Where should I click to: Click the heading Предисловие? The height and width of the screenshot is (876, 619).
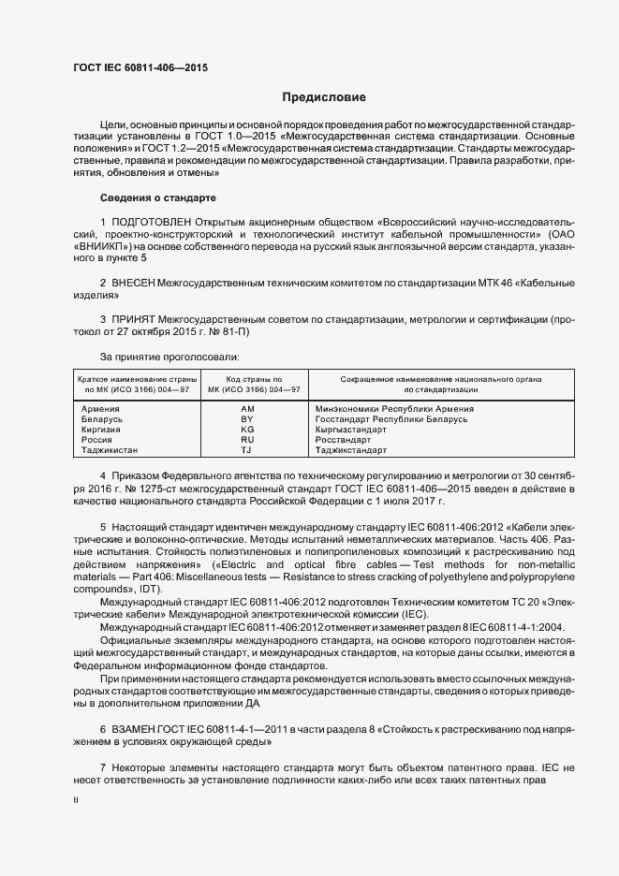tap(324, 97)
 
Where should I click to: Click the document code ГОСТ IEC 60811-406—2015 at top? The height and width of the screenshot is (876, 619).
tap(140, 67)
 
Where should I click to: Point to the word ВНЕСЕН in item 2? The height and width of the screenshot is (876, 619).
tap(133, 281)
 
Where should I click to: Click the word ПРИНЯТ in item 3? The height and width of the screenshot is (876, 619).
tap(134, 319)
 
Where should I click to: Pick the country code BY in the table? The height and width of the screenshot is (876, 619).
tap(247, 419)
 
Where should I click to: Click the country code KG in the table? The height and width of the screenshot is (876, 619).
tap(247, 430)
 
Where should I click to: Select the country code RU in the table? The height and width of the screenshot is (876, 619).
tap(247, 440)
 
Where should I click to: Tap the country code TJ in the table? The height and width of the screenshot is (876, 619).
tap(247, 450)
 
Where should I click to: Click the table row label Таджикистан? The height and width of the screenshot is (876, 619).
tap(109, 450)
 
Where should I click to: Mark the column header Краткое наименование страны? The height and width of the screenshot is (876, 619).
tap(136, 377)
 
